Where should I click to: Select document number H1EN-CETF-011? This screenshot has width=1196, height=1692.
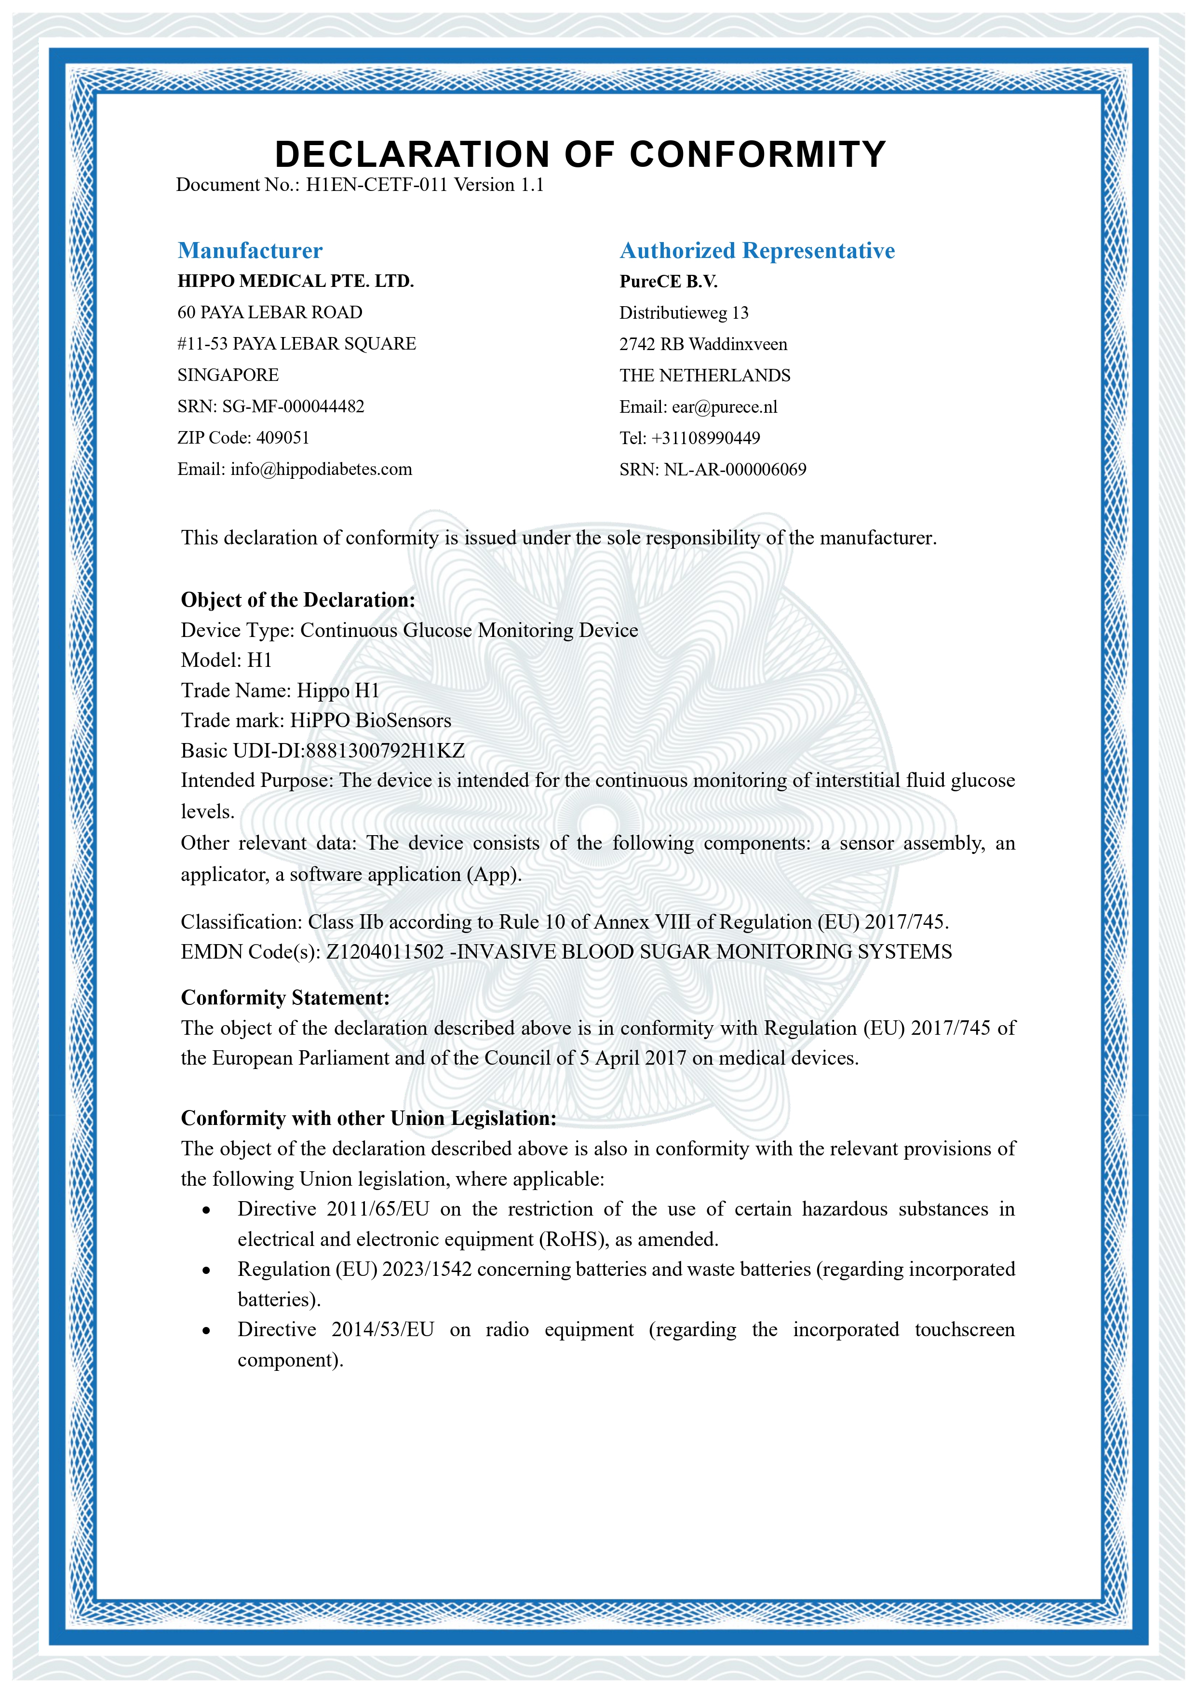(x=376, y=185)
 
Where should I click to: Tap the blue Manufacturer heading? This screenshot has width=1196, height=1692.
(x=250, y=251)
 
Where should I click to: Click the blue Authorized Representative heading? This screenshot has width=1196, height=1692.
(x=757, y=251)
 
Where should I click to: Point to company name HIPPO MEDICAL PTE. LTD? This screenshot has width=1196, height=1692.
(x=296, y=282)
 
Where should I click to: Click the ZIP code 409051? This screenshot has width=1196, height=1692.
(x=283, y=438)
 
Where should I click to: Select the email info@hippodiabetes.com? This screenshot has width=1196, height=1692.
(x=321, y=470)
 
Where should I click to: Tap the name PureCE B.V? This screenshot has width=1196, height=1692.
(x=668, y=282)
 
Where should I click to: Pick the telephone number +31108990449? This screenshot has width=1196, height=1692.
(x=705, y=438)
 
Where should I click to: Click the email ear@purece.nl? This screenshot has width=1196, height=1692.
(x=725, y=407)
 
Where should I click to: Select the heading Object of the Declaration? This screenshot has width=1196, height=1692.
(x=298, y=600)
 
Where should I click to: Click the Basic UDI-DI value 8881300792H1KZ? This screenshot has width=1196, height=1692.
(x=385, y=751)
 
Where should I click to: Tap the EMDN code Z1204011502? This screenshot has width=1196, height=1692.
(x=385, y=952)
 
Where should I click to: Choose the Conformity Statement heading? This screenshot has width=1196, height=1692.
(x=285, y=998)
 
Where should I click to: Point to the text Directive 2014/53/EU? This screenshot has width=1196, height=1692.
(x=336, y=1330)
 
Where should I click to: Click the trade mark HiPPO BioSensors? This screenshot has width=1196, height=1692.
(x=371, y=721)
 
